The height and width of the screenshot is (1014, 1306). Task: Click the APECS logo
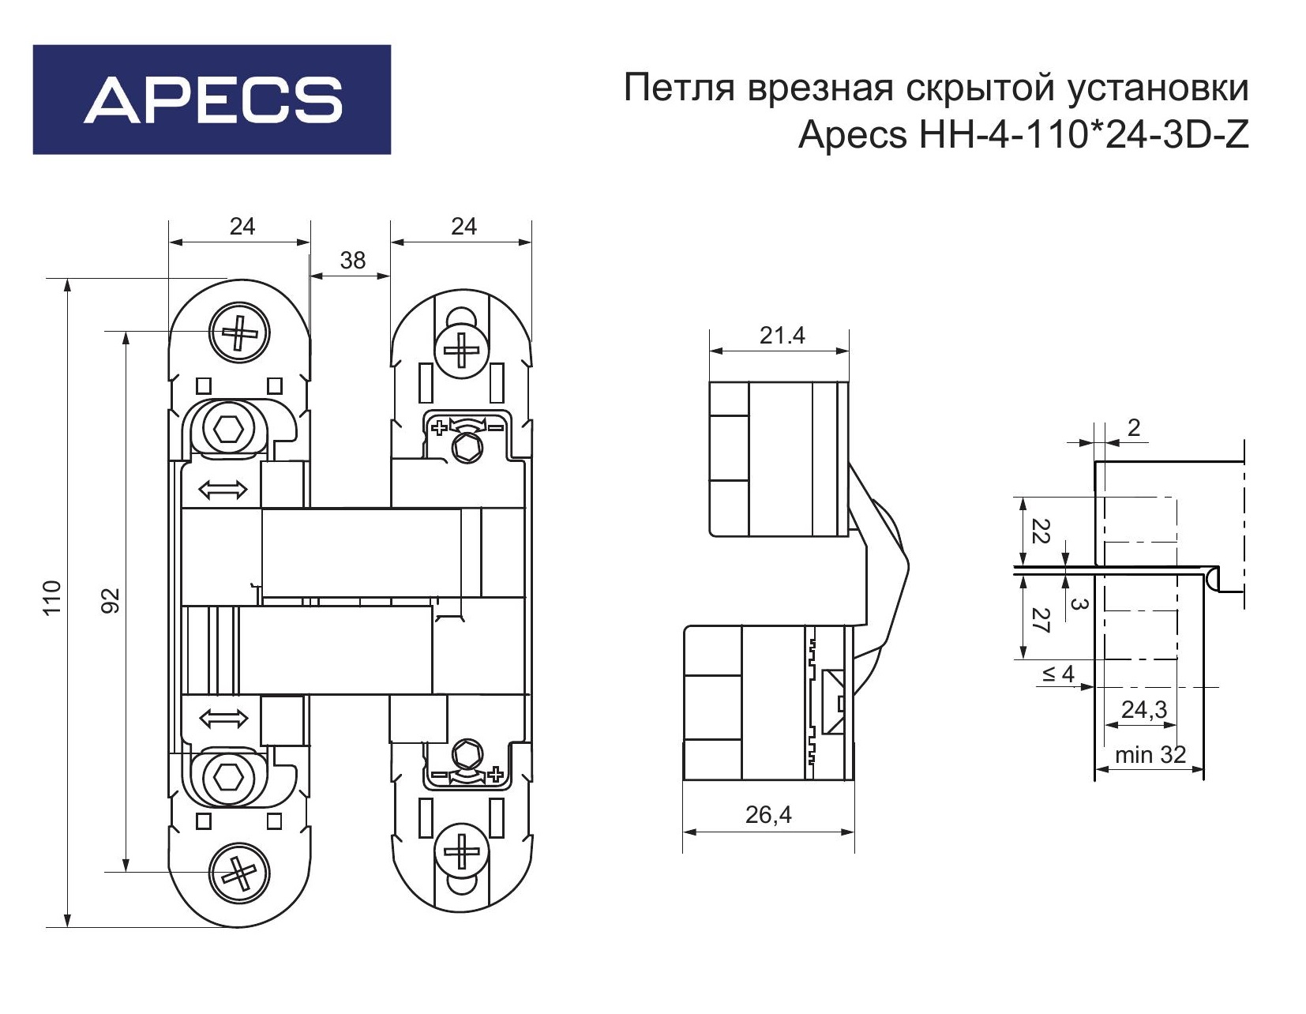(x=212, y=100)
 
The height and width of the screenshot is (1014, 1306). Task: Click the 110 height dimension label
(x=53, y=597)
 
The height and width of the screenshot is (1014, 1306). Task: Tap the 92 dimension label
(x=111, y=600)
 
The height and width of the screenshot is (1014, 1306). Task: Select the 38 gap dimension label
(x=352, y=261)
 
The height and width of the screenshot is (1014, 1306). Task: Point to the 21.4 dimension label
(x=782, y=336)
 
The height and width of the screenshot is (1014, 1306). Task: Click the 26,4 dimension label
(x=768, y=815)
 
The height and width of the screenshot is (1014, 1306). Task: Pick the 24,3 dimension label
(x=1144, y=710)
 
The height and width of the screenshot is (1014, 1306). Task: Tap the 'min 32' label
(x=1150, y=754)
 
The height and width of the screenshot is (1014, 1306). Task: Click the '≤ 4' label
(x=1058, y=674)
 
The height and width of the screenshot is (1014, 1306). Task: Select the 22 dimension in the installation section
(x=1041, y=531)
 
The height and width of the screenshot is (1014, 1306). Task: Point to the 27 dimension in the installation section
(x=1041, y=620)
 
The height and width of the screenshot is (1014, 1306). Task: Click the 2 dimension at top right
(x=1134, y=427)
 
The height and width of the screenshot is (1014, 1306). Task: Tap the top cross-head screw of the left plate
(x=239, y=332)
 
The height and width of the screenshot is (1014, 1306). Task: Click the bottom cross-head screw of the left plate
(x=239, y=873)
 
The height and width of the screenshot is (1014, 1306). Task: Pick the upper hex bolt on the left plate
(x=228, y=429)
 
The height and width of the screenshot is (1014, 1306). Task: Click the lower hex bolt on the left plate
(x=228, y=778)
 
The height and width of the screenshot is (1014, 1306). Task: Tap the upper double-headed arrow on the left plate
(x=223, y=490)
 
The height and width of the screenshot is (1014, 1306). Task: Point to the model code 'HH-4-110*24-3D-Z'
(x=1084, y=135)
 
